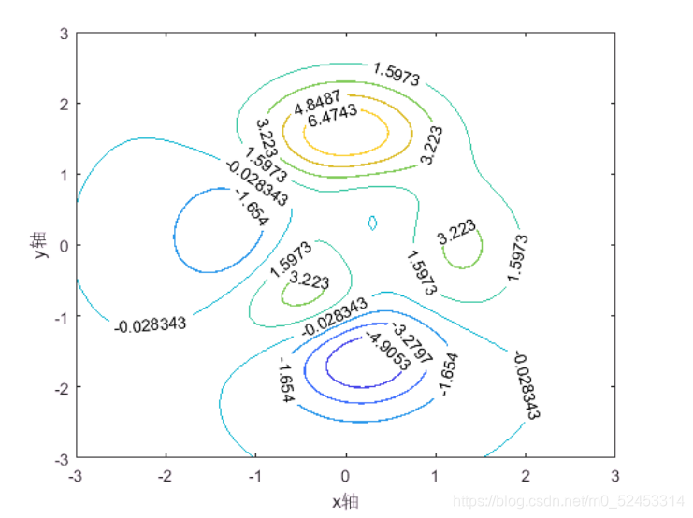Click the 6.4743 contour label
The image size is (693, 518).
tap(332, 115)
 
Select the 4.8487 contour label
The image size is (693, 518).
tap(317, 102)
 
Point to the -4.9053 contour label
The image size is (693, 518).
tap(388, 351)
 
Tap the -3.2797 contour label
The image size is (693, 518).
tap(411, 342)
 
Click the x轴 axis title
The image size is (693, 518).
tap(345, 502)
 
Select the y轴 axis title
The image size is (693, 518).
tap(39, 244)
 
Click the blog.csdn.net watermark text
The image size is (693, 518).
tap(569, 501)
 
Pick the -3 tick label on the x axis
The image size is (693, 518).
tap(76, 476)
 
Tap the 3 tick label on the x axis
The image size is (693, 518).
tap(614, 476)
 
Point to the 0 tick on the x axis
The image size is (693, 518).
tap(345, 476)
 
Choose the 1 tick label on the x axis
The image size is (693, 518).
tap(435, 476)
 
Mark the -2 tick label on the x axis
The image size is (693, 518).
tap(165, 476)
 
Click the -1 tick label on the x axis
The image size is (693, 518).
tap(254, 476)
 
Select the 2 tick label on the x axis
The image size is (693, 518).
tap(525, 476)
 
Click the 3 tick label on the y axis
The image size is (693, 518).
tap(65, 34)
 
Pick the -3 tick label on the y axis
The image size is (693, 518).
tap(62, 460)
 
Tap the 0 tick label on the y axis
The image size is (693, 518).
tap(65, 246)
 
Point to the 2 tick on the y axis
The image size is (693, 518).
tap(65, 105)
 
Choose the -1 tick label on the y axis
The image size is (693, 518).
tap(62, 317)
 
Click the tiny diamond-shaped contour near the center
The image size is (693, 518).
tap(368, 223)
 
